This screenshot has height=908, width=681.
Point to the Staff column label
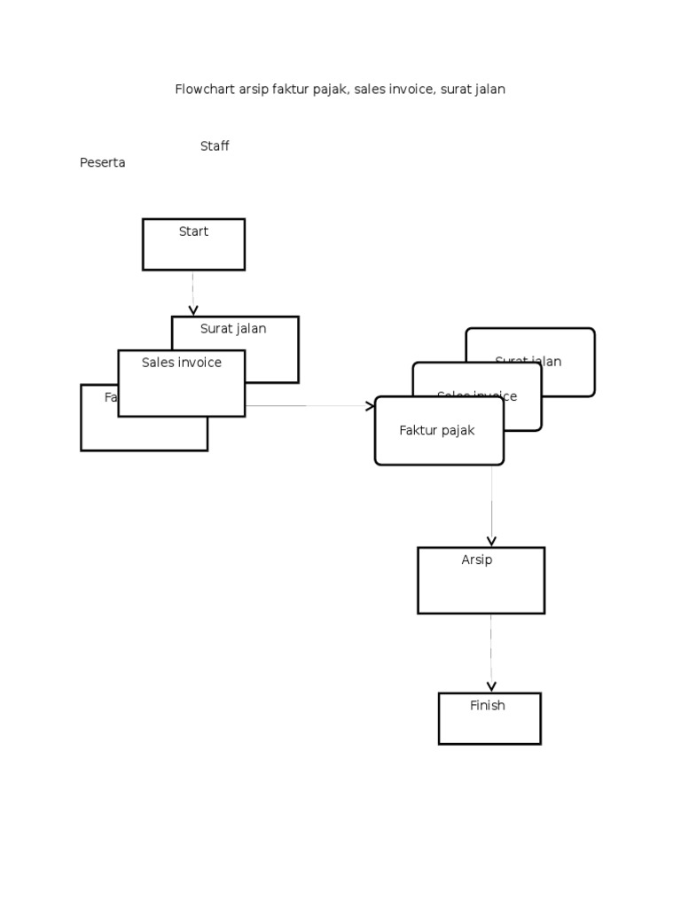coord(215,146)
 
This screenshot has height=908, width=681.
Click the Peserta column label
coord(103,163)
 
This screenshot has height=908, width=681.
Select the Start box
coord(193,245)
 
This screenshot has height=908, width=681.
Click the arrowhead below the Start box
coord(193,310)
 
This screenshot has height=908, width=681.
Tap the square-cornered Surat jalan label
coord(233,329)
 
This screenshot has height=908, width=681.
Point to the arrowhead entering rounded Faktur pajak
coord(370,406)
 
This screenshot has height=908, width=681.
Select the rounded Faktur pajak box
coord(439,431)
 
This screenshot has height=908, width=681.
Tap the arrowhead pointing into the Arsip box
coord(491,541)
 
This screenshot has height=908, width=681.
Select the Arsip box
coord(481,580)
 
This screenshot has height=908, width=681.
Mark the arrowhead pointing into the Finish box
coord(491,686)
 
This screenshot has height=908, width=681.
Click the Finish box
coord(489,718)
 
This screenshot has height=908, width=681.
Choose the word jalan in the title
coord(489,90)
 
